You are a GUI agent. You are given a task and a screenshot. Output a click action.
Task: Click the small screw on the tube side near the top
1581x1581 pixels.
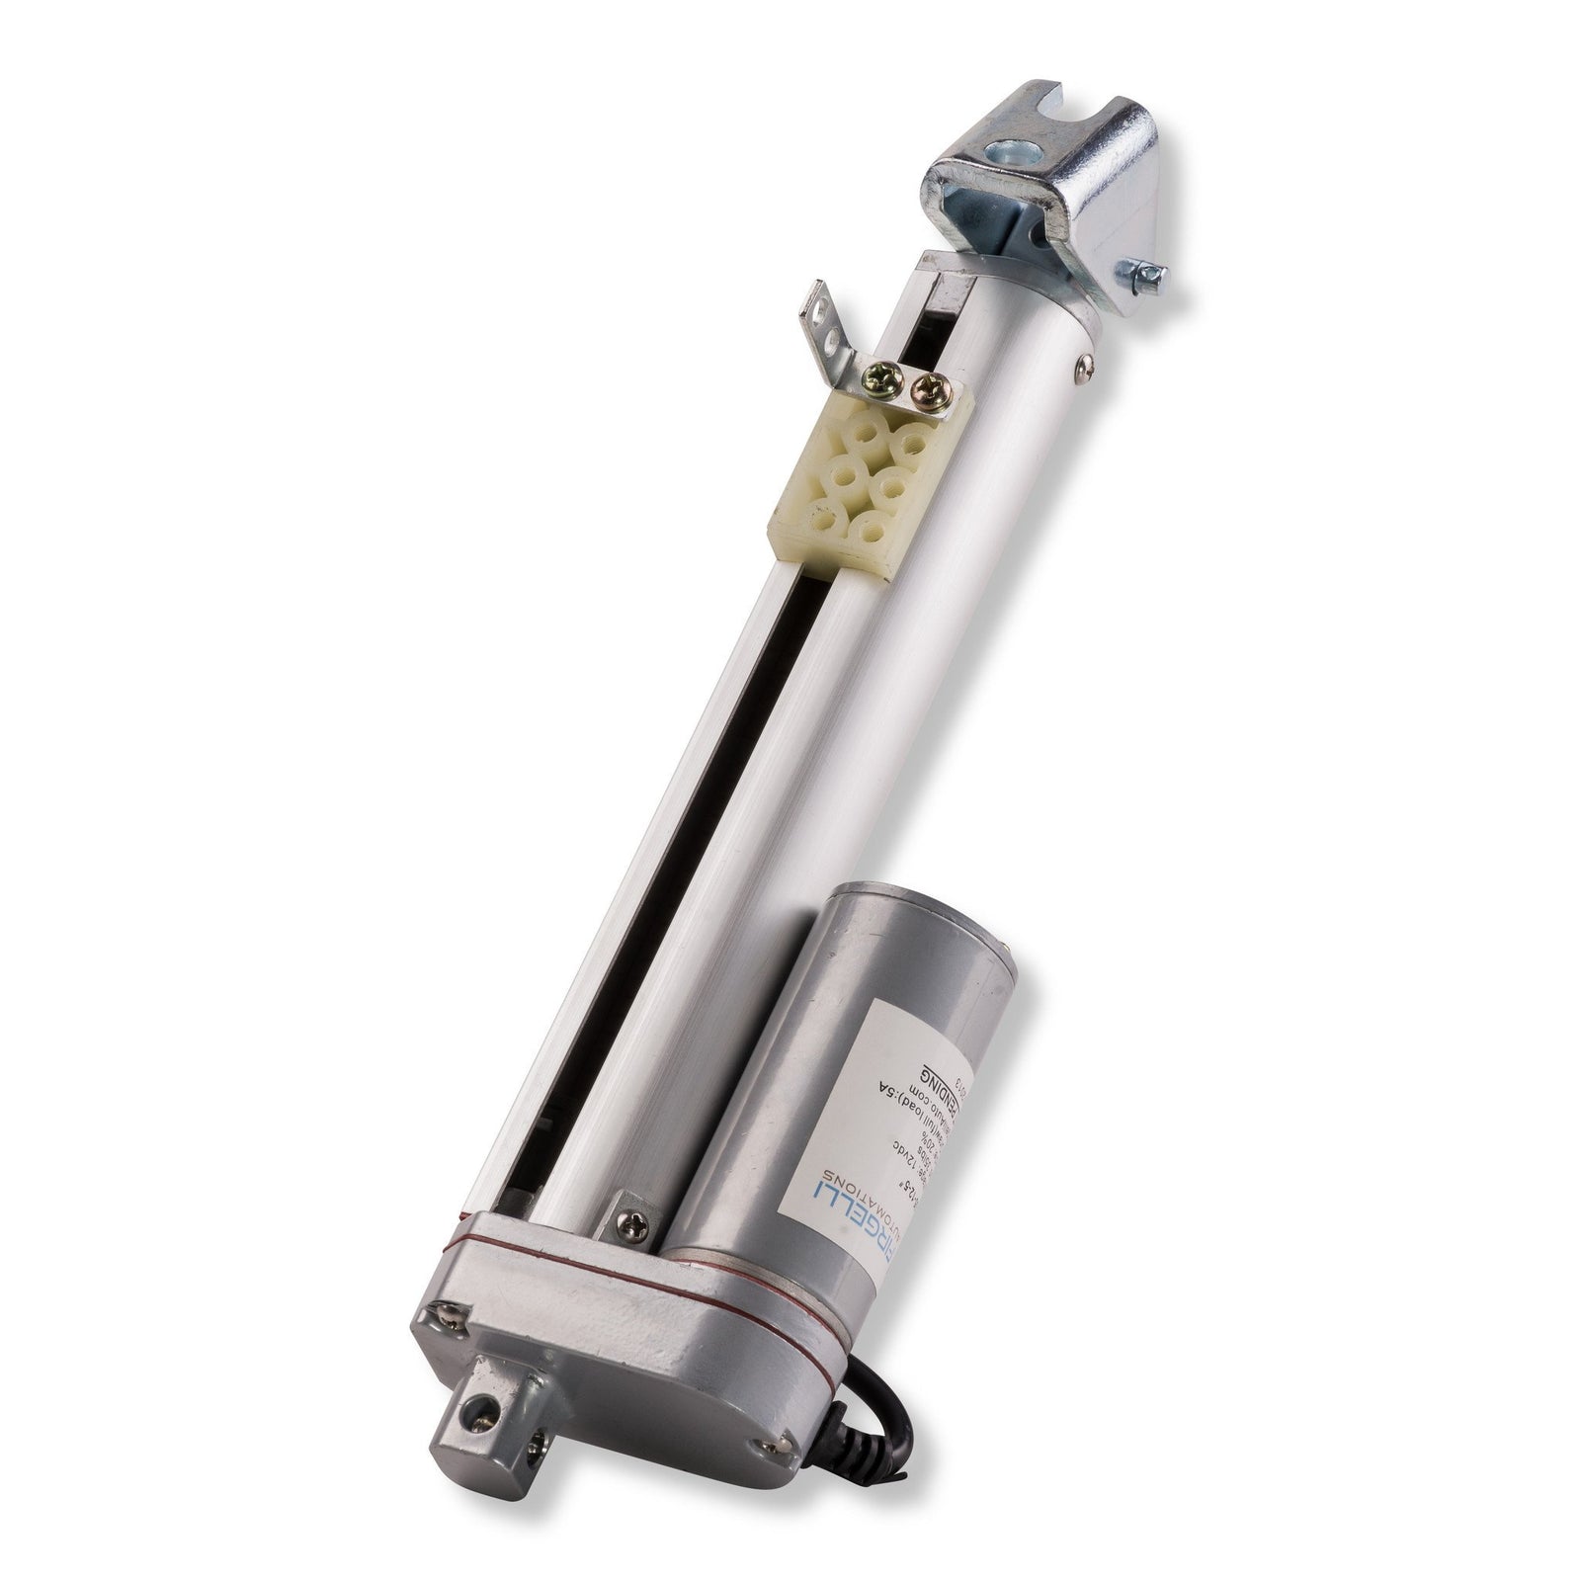(x=1085, y=367)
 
